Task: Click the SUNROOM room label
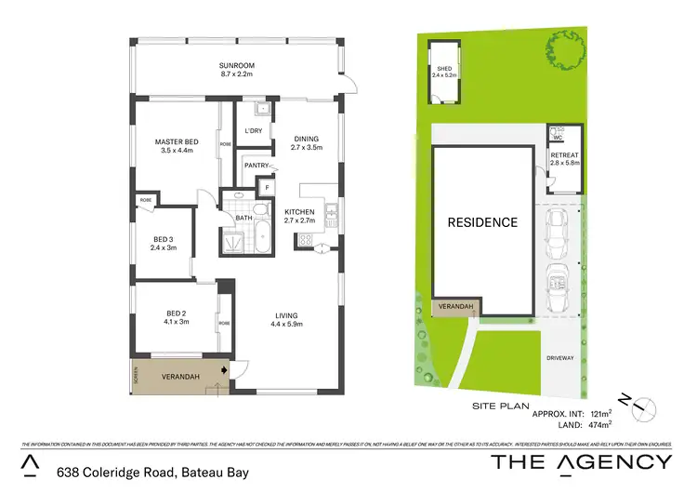coord(237,66)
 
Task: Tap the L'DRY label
coord(252,130)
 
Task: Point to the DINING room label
coord(306,137)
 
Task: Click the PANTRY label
coord(255,166)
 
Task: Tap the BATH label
coord(243,218)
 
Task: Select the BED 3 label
coord(164,239)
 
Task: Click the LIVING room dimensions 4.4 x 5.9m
coord(286,324)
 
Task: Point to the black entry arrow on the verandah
coord(224,369)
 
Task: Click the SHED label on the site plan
coord(444,69)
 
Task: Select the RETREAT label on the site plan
coord(564,154)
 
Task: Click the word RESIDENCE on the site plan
coord(482,222)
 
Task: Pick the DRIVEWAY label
coord(560,356)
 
